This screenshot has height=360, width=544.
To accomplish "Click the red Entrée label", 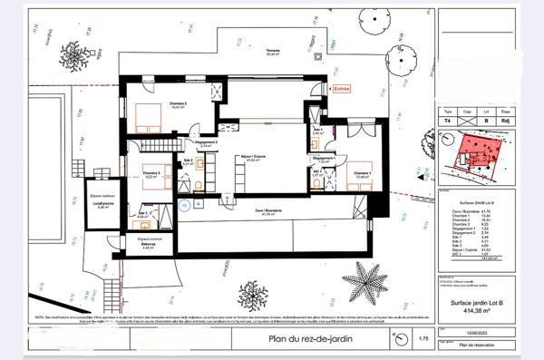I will (341, 89).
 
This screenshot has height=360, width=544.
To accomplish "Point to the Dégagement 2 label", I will (206, 142).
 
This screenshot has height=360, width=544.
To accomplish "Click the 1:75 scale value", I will (422, 341).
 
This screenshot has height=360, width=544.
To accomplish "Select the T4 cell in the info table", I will (447, 118).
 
